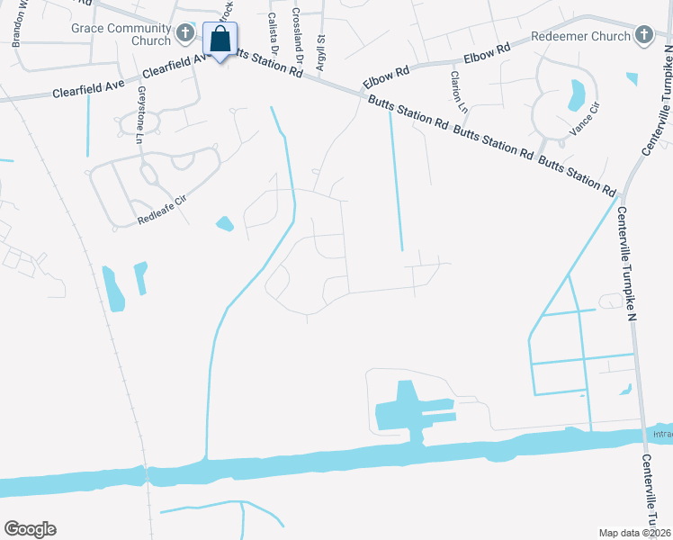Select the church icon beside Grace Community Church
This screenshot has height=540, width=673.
(185, 34)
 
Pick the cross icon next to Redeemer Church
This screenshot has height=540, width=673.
(642, 34)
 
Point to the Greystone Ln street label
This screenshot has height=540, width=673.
(139, 114)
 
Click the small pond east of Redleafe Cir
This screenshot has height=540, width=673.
(224, 222)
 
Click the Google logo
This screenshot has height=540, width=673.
(30, 529)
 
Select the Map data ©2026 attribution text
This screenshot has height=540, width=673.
(633, 533)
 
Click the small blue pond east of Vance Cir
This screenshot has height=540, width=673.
(632, 79)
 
